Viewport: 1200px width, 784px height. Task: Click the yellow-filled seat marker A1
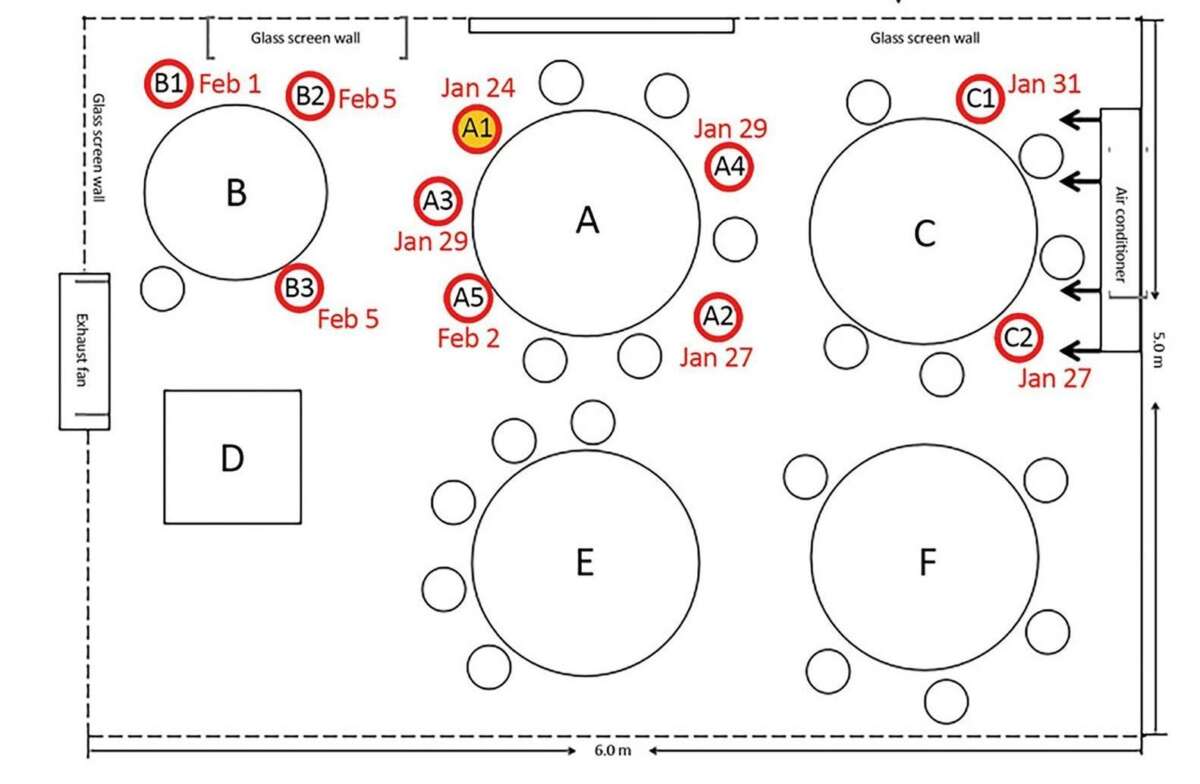[478, 129]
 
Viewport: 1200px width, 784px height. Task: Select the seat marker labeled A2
[717, 317]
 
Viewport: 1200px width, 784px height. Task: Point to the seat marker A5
[468, 297]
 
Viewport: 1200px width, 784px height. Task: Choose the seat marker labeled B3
[299, 289]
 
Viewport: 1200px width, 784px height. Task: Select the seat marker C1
[981, 99]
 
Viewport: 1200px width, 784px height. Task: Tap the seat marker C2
[1018, 338]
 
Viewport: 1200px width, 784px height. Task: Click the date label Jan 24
[478, 88]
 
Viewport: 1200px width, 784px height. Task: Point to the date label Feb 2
[468, 338]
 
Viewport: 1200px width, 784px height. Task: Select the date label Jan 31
[1044, 84]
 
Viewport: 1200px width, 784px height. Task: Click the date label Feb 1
[229, 84]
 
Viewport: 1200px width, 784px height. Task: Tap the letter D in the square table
[232, 459]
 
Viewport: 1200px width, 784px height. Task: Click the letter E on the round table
[585, 563]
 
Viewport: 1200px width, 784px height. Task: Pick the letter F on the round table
[927, 563]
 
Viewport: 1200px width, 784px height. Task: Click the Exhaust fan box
[84, 351]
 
